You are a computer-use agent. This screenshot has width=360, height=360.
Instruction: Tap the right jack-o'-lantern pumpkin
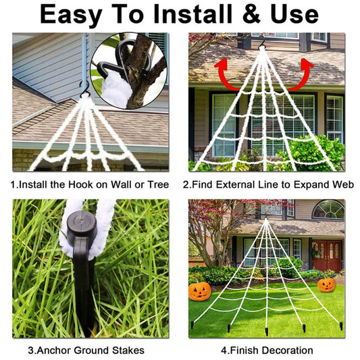[326, 284]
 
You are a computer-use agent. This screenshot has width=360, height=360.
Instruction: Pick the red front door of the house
[328, 256]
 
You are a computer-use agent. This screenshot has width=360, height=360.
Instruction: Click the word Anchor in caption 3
[54, 351]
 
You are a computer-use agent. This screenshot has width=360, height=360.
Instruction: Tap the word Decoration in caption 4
[288, 351]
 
